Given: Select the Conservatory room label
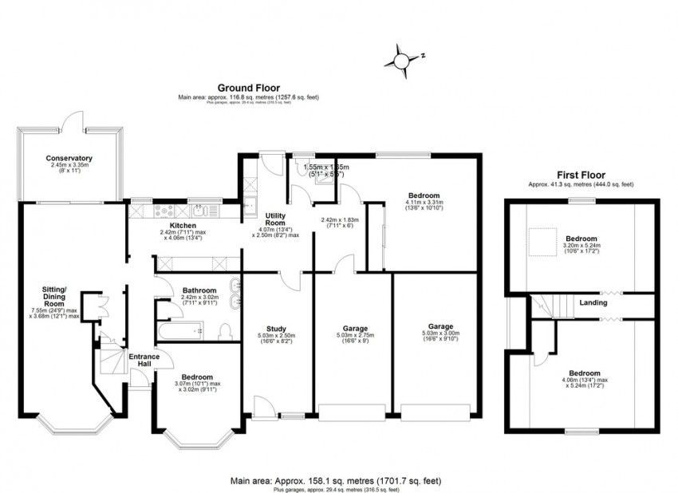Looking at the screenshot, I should pyautogui.click(x=69, y=159).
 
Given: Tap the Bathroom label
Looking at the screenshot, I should pyautogui.click(x=198, y=290).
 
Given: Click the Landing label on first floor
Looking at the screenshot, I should pyautogui.click(x=593, y=303).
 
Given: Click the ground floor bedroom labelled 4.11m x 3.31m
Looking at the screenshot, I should pyautogui.click(x=424, y=196).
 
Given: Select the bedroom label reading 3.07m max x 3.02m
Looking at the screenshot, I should pyautogui.click(x=196, y=377).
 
